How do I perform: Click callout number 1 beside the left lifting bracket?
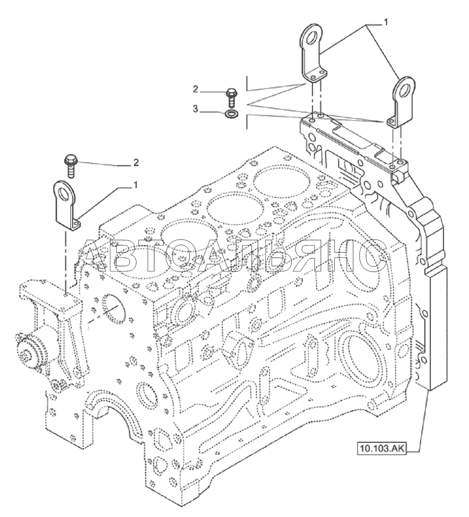point(135,184)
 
